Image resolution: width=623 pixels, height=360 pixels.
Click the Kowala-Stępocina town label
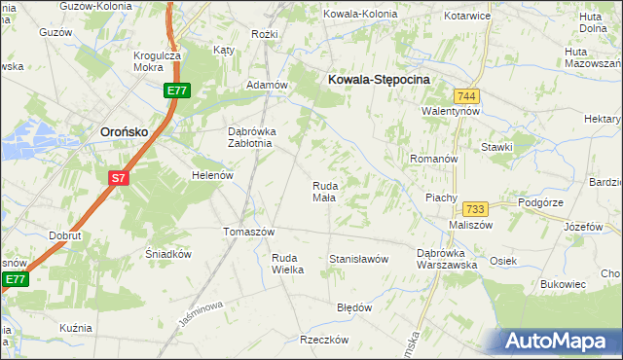click(380, 82)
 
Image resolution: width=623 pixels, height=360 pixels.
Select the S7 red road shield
click(118, 178)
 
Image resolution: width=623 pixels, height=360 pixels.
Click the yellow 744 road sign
click(465, 95)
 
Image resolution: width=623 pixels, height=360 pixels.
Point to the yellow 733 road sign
click(475, 209)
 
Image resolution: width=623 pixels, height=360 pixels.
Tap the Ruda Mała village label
click(324, 192)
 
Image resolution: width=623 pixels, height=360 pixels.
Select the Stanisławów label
click(358, 260)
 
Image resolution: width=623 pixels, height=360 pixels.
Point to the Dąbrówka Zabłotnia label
click(252, 137)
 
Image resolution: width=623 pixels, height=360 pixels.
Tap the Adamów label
click(267, 86)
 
